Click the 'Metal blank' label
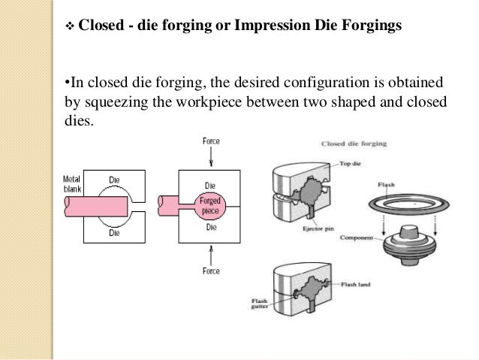coord(73,184)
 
